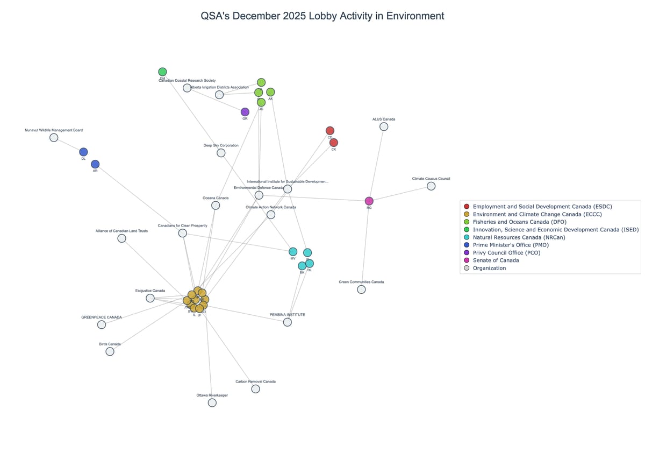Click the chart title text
point(322,16)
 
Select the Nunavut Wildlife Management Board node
point(54,138)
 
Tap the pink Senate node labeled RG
point(369,201)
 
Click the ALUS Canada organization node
point(384,126)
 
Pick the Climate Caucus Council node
point(431,186)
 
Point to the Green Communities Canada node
point(361,289)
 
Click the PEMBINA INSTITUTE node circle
point(288,322)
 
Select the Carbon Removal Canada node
point(255,389)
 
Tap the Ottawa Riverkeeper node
point(212,403)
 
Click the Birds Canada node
point(110,351)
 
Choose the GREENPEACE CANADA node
point(102,324)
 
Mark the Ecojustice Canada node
point(150,298)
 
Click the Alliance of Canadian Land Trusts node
point(121,238)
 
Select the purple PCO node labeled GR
point(245,112)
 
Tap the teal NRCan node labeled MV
point(293,252)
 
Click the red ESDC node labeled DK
point(334,143)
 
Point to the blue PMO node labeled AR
point(95,164)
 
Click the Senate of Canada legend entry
point(496,260)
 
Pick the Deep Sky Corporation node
point(221,153)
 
